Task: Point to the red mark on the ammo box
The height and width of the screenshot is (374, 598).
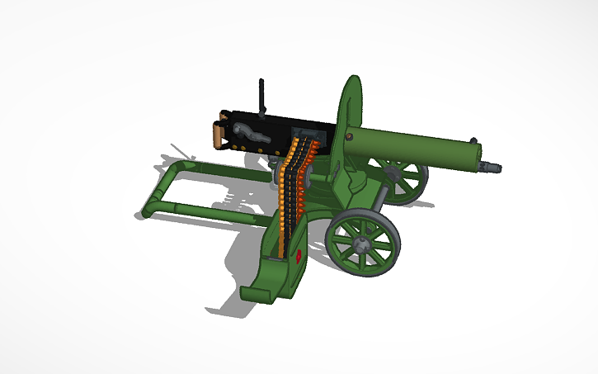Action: [x=297, y=257]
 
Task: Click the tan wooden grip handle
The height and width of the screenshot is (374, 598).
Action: [x=219, y=135]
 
